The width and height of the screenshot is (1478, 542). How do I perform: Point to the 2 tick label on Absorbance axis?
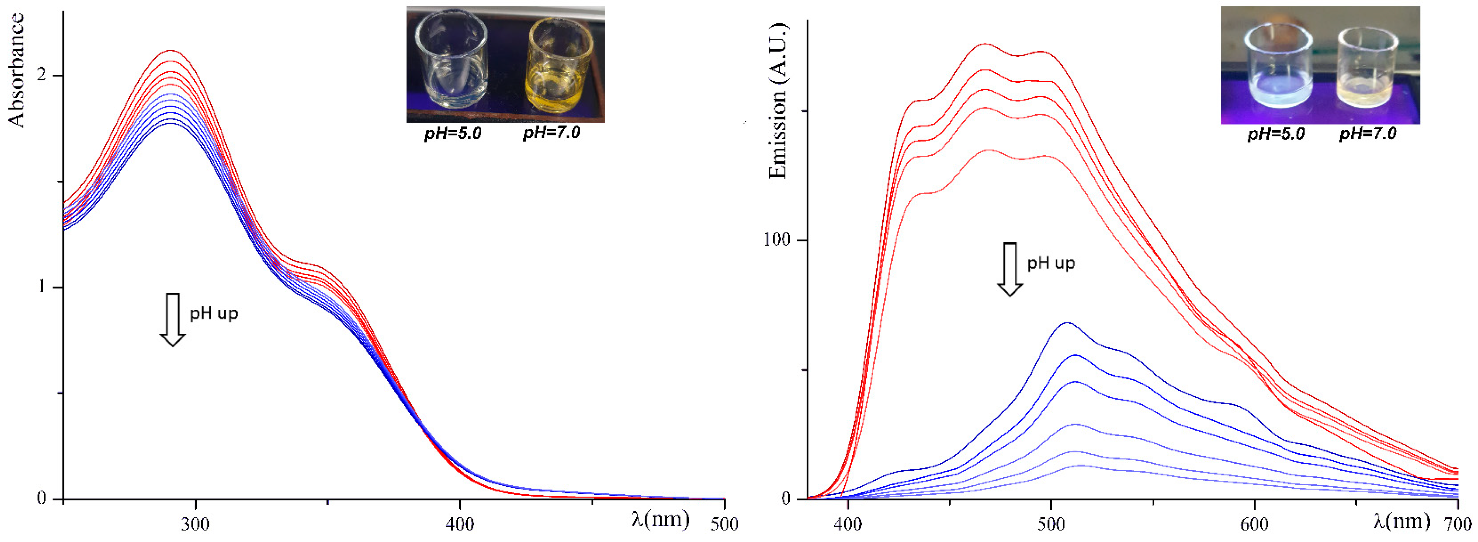41,76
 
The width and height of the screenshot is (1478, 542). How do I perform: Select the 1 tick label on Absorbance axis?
41,287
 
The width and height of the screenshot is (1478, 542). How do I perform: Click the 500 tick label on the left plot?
724,524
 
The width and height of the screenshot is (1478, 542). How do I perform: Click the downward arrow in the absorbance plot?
172,320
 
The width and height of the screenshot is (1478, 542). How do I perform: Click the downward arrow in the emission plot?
1010,269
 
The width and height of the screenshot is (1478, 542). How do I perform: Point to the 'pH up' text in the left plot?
213,314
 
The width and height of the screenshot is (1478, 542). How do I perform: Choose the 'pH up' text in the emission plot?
1051,263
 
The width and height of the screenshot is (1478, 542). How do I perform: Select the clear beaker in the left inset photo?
452,62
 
